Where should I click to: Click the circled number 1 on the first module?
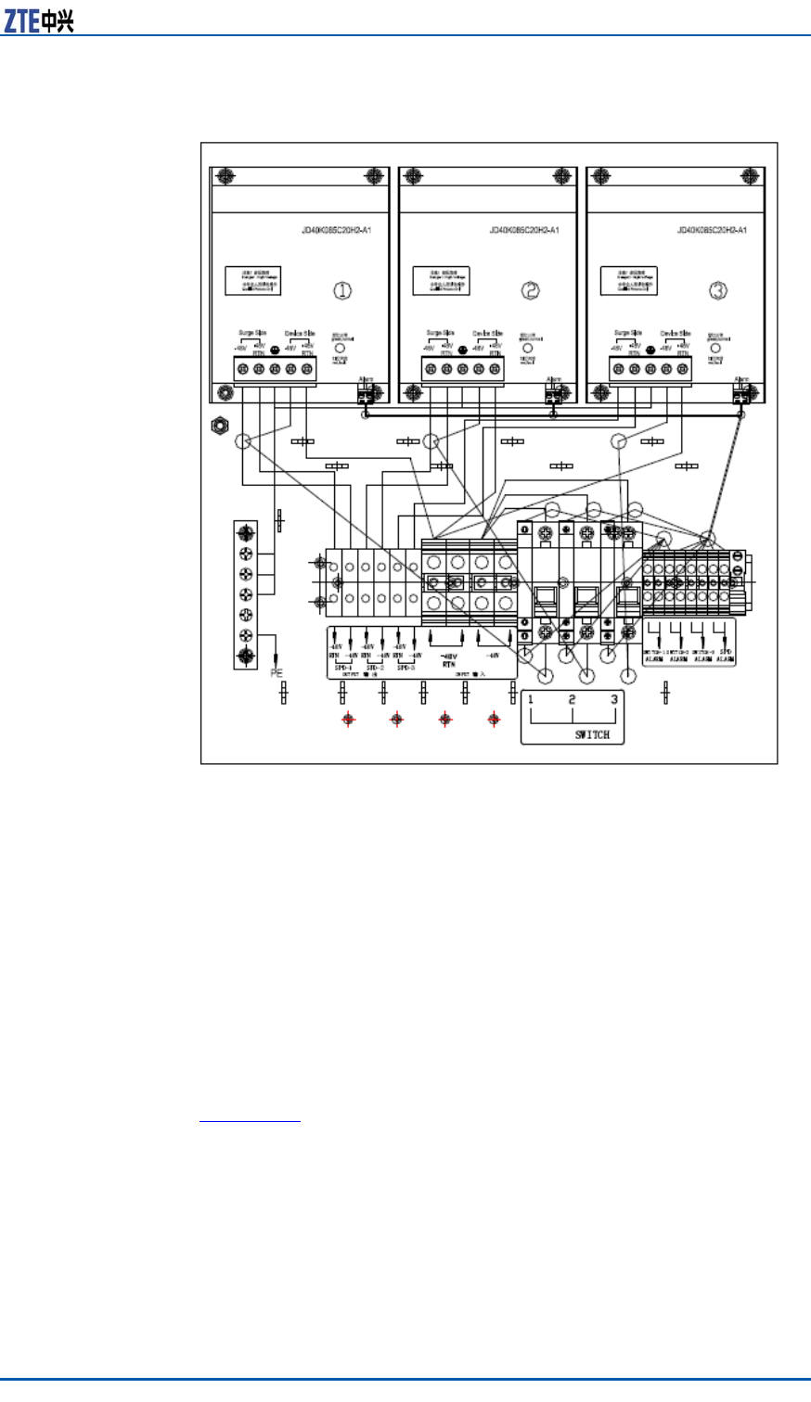coord(342,290)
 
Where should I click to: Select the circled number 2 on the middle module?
coord(531,290)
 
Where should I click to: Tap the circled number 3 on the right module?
coord(718,290)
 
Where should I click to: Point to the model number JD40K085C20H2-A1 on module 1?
coord(336,230)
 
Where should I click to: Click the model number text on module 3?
coord(712,230)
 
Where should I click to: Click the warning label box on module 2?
coord(442,281)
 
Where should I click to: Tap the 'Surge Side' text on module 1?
coord(252,333)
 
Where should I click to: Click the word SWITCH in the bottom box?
coord(592,734)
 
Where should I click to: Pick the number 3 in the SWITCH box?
coord(613,700)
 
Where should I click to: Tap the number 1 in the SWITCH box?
coord(531,700)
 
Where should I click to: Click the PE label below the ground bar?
coord(276,672)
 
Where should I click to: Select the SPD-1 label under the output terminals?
coord(341,668)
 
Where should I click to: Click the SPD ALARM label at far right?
coord(726,655)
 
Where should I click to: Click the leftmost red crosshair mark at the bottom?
coord(348,719)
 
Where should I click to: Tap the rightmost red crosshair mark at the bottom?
coord(494,719)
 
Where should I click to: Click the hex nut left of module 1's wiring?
coord(220,427)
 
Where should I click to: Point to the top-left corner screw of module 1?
coord(225,176)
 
